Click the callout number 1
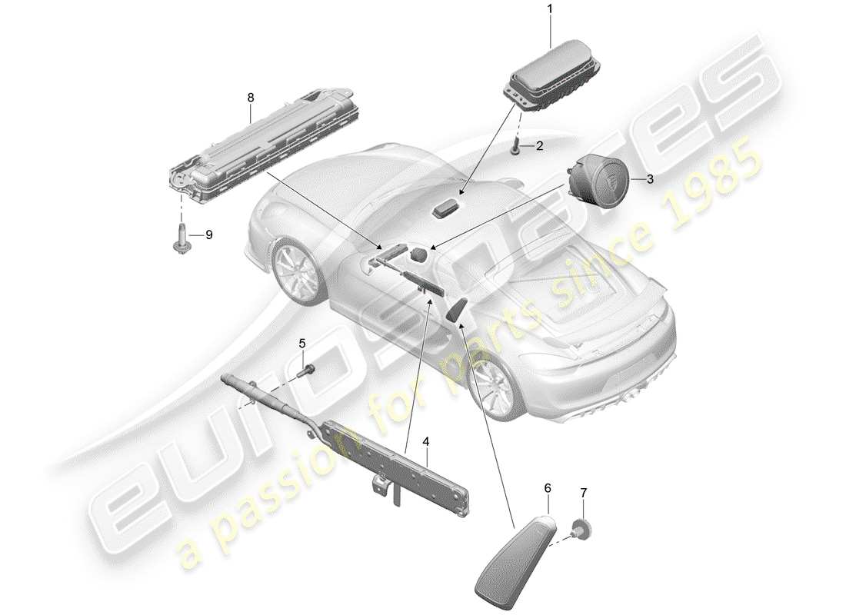point(550,8)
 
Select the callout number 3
point(650,179)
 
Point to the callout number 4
point(425,441)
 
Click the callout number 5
point(302,343)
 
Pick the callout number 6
point(548,487)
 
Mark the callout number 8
point(250,98)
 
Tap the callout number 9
point(208,234)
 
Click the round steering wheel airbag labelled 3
point(599,181)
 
